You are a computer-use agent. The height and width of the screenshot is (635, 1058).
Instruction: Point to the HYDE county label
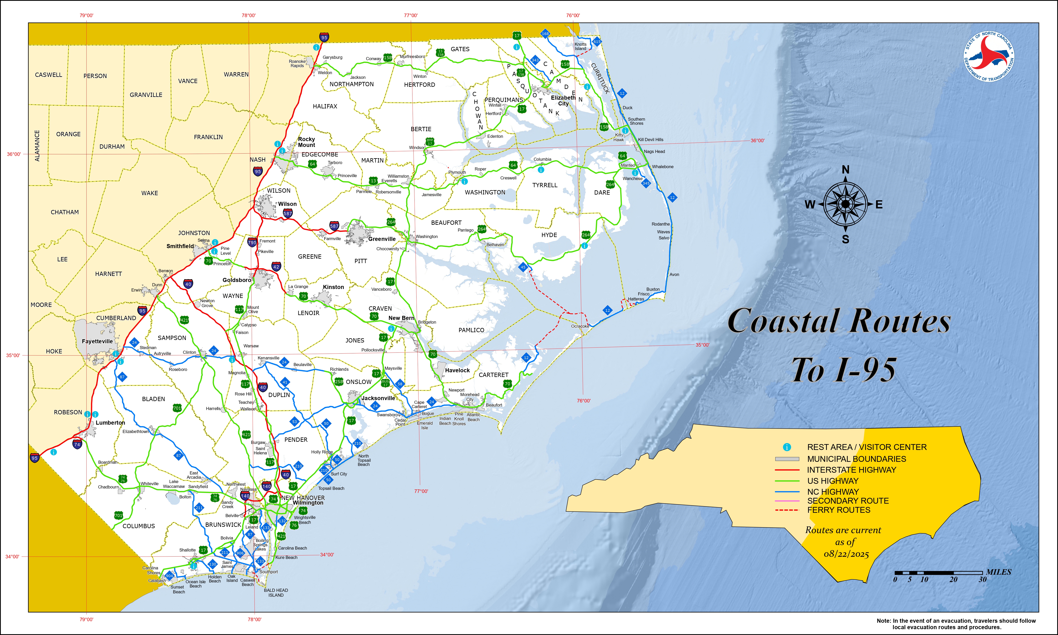point(549,235)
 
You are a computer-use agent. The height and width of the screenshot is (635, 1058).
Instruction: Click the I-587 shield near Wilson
point(288,213)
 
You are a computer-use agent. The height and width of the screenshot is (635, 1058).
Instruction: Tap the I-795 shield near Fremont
point(252,242)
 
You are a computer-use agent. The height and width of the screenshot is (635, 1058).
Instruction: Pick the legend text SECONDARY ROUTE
point(848,501)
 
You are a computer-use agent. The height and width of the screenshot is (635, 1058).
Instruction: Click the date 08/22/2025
point(846,554)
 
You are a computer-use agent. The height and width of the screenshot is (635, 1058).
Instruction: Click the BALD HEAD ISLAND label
point(276,593)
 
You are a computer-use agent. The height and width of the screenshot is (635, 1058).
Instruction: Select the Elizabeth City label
point(563,101)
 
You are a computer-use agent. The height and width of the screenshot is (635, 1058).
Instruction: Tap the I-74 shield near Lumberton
point(77,444)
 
